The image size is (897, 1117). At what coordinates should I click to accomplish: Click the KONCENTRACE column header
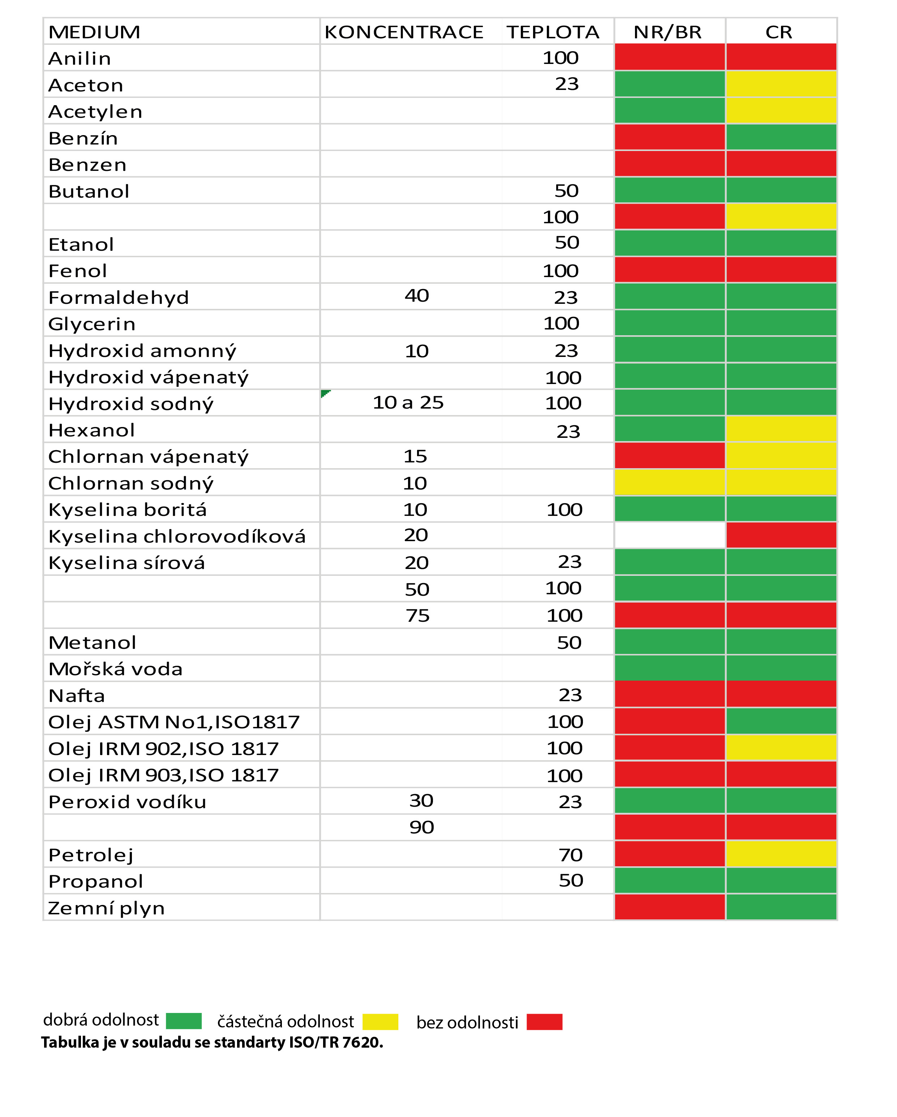[x=404, y=32]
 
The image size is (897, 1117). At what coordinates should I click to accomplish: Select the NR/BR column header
[x=668, y=32]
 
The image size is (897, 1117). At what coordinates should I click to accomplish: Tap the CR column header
[x=779, y=32]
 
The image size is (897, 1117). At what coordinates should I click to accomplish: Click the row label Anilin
[x=80, y=59]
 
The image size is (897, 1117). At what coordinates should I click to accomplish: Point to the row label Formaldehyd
[x=119, y=297]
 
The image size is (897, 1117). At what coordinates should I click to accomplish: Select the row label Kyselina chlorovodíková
[x=177, y=536]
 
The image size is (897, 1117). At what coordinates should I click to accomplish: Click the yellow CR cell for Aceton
[x=781, y=84]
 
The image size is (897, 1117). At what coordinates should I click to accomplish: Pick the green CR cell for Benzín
[x=781, y=137]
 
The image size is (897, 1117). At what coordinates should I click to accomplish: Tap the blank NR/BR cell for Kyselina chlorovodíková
[x=670, y=535]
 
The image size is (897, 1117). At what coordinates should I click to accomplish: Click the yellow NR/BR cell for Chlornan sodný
[x=670, y=482]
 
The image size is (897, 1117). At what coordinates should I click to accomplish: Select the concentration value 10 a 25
[x=408, y=402]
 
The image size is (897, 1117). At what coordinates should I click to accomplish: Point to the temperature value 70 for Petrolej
[x=571, y=855]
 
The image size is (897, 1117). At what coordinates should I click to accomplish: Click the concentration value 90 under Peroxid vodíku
[x=421, y=827]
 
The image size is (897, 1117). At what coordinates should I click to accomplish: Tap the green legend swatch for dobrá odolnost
[x=184, y=1021]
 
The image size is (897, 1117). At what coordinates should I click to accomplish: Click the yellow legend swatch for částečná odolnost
[x=380, y=1022]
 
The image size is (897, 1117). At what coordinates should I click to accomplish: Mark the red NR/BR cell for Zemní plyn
[x=670, y=907]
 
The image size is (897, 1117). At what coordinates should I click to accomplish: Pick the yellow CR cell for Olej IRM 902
[x=781, y=747]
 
